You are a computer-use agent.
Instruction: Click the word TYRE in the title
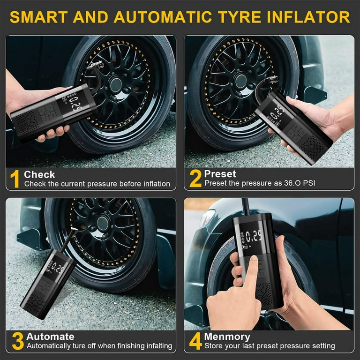pyautogui.click(x=239, y=17)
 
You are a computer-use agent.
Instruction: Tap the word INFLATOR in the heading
pyautogui.click(x=308, y=17)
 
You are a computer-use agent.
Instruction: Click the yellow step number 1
pyautogui.click(x=15, y=180)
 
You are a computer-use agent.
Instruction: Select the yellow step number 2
pyautogui.click(x=195, y=179)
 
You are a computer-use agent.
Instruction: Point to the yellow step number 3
pyautogui.click(x=18, y=341)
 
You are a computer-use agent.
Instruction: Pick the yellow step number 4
pyautogui.click(x=195, y=341)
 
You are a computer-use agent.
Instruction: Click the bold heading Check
pyautogui.click(x=39, y=175)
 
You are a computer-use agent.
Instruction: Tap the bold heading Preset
pyautogui.click(x=220, y=174)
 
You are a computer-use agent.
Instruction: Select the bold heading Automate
pyautogui.click(x=50, y=337)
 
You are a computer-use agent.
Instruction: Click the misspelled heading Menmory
pyautogui.click(x=227, y=337)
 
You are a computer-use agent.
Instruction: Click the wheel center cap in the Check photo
pyautogui.click(x=115, y=85)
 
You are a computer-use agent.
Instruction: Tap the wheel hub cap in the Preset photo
pyautogui.click(x=240, y=81)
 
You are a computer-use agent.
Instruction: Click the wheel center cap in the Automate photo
pyautogui.click(x=103, y=224)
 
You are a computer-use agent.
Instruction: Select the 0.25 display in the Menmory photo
pyautogui.click(x=254, y=236)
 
